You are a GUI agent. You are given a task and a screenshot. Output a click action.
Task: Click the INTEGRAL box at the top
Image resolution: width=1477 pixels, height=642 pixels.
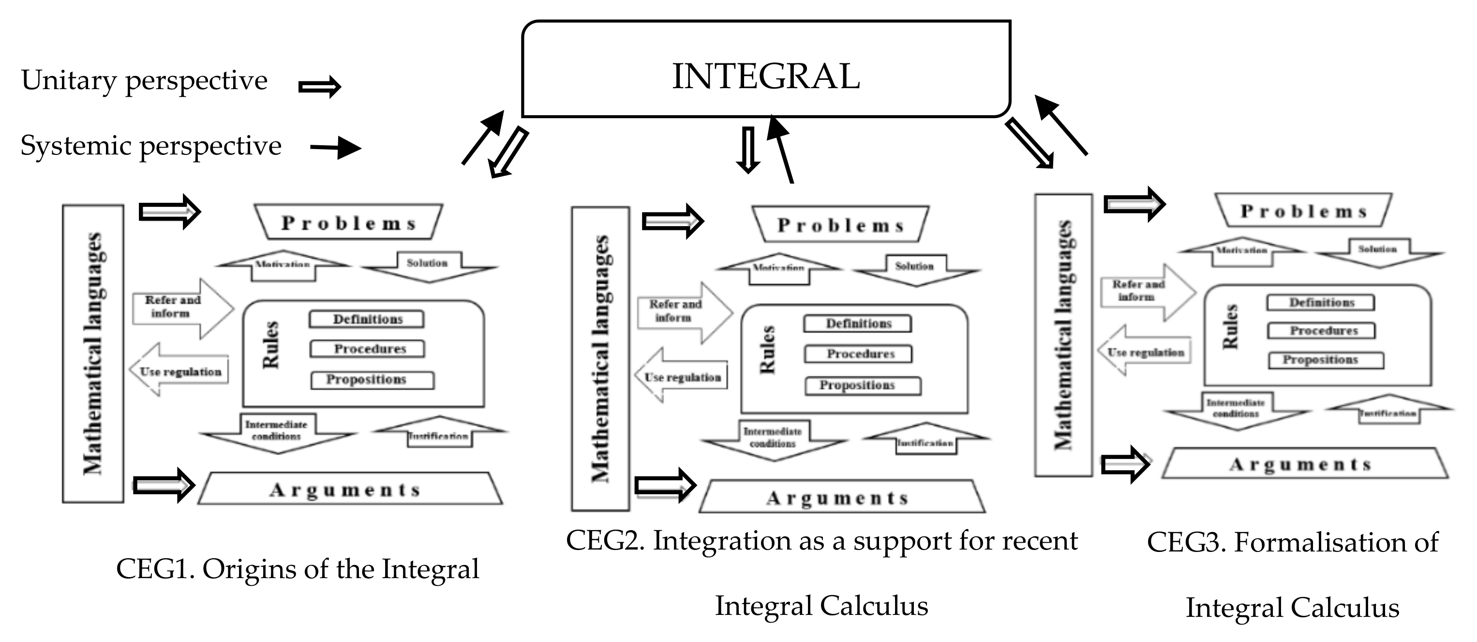coord(765,69)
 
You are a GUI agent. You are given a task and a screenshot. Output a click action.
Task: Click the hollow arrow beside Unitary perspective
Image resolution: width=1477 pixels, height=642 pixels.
coord(319,87)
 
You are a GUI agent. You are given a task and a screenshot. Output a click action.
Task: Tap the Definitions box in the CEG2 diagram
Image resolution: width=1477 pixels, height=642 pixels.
coord(858,323)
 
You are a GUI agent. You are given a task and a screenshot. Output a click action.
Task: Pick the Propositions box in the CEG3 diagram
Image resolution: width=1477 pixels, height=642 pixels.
coord(1325,360)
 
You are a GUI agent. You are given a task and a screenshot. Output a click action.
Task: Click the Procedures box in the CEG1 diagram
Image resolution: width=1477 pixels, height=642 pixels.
coord(368,349)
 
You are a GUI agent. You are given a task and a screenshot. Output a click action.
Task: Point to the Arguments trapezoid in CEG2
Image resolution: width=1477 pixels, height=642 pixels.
coord(840,497)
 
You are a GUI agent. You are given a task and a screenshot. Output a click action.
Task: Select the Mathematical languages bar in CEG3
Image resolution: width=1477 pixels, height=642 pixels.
coord(1063,335)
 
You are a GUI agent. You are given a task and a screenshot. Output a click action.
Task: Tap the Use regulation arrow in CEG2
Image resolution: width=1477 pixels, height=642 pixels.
coord(682,376)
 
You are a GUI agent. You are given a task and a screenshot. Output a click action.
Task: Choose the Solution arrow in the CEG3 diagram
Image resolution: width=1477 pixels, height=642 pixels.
coord(1378,251)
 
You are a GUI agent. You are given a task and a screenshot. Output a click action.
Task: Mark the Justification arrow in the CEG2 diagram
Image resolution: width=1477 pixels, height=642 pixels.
coord(925,440)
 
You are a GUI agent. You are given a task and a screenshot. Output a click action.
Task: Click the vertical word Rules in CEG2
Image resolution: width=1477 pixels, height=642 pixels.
coord(768,350)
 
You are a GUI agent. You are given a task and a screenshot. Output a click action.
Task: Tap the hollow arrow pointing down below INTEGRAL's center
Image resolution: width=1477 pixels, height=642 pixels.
coord(747,150)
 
